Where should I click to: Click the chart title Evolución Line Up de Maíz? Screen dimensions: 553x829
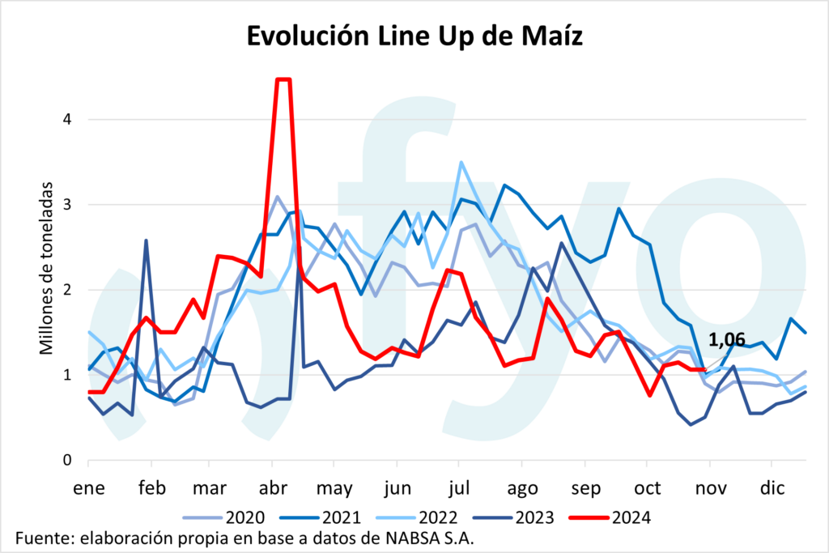[414, 37]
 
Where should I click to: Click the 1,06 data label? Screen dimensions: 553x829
[726, 340]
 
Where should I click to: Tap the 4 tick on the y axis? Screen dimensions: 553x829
[68, 119]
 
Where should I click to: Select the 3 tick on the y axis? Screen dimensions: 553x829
[68, 205]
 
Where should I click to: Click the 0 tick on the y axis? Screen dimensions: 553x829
[68, 461]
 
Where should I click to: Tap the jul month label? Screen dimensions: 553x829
[459, 489]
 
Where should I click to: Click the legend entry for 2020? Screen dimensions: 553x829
[232, 516]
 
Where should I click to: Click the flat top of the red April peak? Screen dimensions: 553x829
[283, 79]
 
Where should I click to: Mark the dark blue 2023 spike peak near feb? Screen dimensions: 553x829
[146, 240]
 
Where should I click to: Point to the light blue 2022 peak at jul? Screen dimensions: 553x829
[461, 162]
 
